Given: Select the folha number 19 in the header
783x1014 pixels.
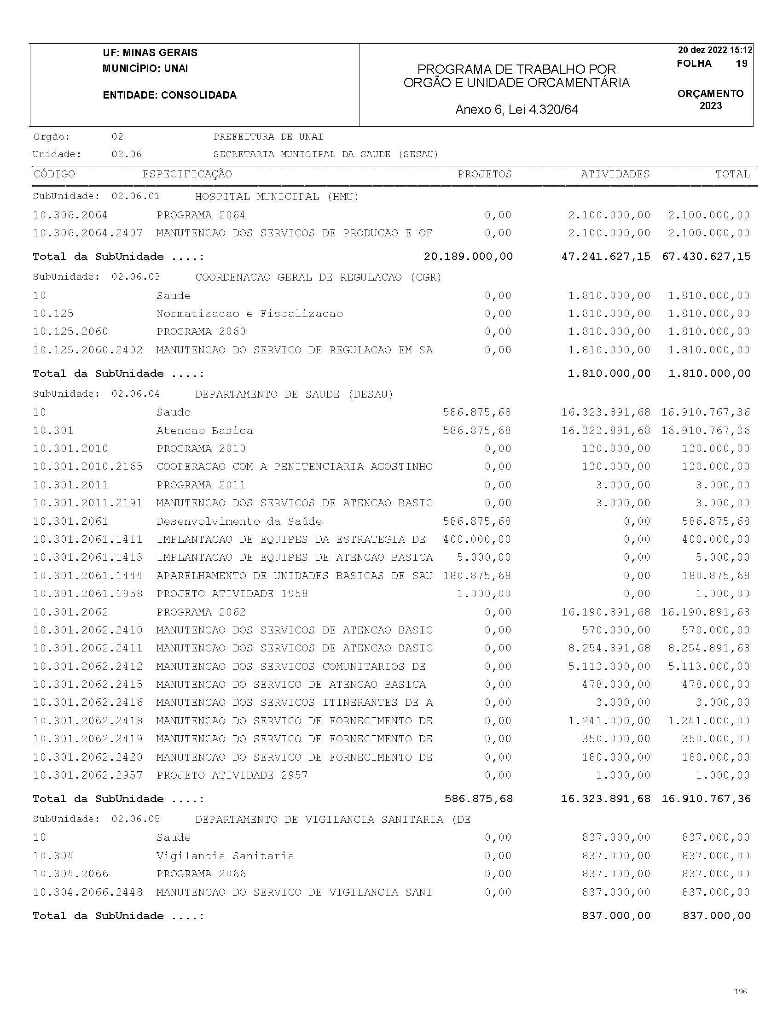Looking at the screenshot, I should [741, 64].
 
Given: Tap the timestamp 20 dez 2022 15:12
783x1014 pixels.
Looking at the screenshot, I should [715, 50].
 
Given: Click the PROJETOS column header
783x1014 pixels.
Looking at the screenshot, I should [484, 174].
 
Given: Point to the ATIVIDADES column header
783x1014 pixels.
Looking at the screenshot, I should [615, 174].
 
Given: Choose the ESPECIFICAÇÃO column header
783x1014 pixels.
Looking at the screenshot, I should [187, 174].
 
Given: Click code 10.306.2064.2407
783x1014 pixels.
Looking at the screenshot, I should [87, 233].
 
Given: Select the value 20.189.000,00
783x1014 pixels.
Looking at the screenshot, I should [468, 256].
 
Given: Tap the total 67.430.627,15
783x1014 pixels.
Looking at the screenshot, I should [706, 256].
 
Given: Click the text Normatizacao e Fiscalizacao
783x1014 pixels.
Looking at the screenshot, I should [249, 314].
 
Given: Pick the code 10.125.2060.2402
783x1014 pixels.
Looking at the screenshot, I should [87, 350].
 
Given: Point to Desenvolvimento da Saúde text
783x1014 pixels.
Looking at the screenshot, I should [239, 522].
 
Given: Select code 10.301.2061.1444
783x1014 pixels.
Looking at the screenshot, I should [87, 576].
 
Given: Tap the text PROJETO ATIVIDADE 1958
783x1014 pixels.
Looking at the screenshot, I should [232, 594].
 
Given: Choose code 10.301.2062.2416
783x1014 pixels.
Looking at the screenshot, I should [87, 703].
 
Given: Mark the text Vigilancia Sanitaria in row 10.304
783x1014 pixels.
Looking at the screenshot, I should [225, 856].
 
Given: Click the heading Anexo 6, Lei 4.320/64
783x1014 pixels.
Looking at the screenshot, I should [517, 110].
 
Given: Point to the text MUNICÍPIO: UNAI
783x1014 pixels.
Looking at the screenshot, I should [145, 69].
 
